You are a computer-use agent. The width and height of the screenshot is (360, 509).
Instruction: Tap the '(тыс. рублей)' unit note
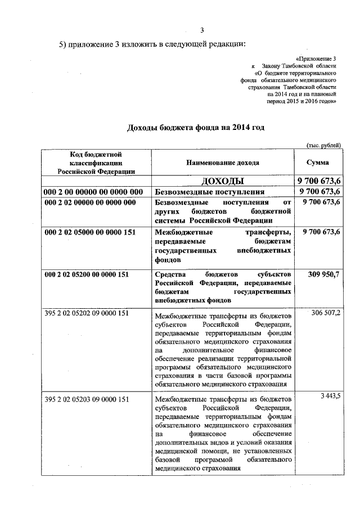(x=323, y=145)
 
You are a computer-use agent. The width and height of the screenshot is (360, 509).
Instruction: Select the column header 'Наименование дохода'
(x=223, y=163)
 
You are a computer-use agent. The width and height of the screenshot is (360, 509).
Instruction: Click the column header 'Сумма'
(x=318, y=163)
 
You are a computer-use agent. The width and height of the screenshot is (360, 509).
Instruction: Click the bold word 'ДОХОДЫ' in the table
(x=223, y=181)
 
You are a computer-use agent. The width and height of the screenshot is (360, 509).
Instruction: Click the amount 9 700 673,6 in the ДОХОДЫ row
(x=318, y=181)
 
